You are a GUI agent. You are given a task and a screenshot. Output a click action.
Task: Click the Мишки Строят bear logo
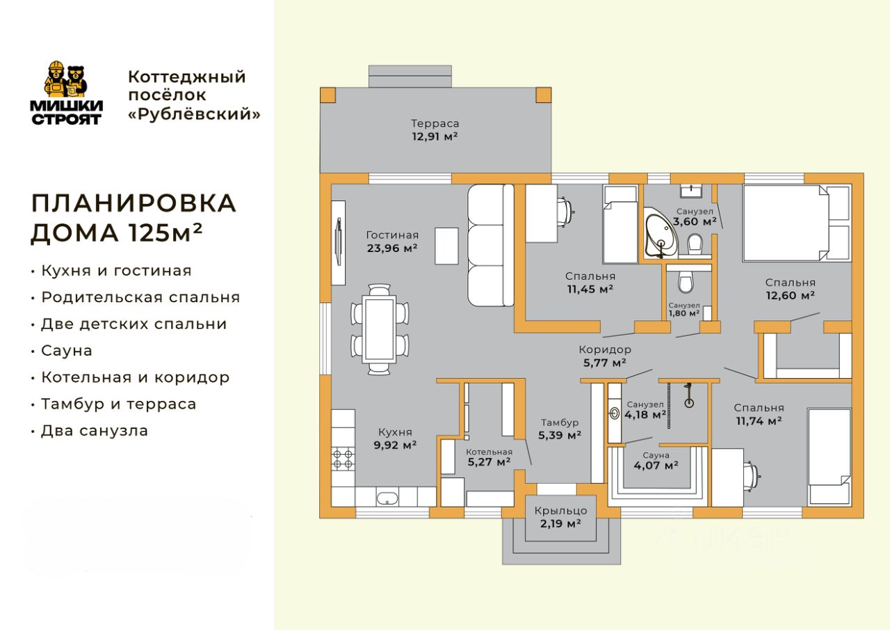click(x=66, y=93)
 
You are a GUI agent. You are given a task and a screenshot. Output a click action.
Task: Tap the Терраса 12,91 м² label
click(x=435, y=130)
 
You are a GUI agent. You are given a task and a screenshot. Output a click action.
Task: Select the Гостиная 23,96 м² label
click(x=392, y=242)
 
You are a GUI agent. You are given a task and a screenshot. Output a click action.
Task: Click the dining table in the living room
click(x=380, y=329)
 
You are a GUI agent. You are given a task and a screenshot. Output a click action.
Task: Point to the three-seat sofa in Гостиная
click(x=491, y=246)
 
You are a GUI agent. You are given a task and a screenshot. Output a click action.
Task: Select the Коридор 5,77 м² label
click(x=605, y=356)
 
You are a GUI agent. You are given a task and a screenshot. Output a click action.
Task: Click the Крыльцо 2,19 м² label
click(x=560, y=517)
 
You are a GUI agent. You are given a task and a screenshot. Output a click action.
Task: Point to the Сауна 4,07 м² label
click(x=656, y=460)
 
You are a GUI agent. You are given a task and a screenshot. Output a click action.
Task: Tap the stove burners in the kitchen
click(x=343, y=459)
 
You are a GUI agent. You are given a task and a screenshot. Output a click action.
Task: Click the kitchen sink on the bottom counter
click(x=387, y=498)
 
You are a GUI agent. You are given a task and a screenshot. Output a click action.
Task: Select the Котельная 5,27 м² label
click(x=489, y=457)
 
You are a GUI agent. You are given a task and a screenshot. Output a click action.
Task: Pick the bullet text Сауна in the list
click(x=67, y=351)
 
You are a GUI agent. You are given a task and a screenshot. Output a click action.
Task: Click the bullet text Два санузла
click(x=95, y=431)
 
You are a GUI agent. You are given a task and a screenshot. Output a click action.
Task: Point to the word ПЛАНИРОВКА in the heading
click(x=134, y=203)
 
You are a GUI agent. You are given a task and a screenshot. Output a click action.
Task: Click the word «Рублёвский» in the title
click(x=194, y=114)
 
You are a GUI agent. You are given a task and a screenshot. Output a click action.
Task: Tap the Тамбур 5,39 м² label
click(x=560, y=429)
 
